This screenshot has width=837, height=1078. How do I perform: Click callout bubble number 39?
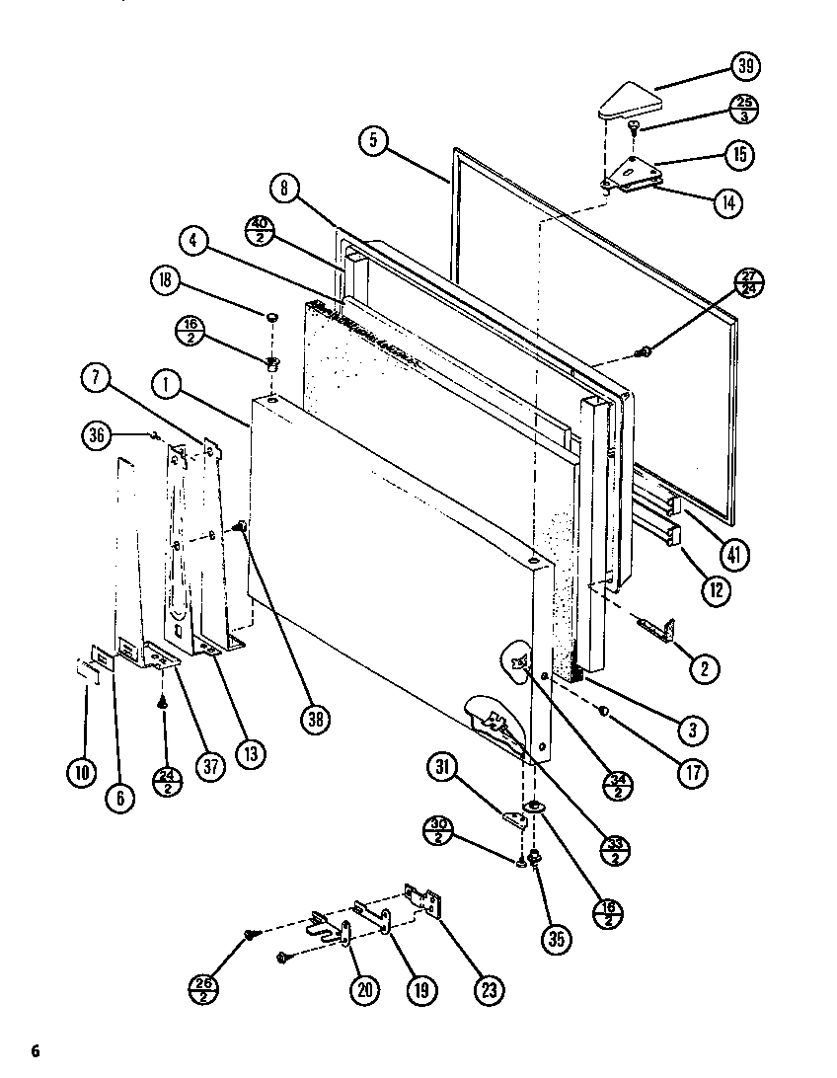tap(745, 66)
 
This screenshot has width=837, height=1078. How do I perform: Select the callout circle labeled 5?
tap(373, 141)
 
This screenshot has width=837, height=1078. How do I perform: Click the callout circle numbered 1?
tap(166, 384)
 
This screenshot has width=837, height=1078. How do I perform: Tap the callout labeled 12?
tap(718, 591)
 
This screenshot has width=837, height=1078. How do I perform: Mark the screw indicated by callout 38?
tap(240, 530)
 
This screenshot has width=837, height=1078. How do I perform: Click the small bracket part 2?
tap(659, 628)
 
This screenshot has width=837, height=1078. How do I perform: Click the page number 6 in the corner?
tap(37, 1048)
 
